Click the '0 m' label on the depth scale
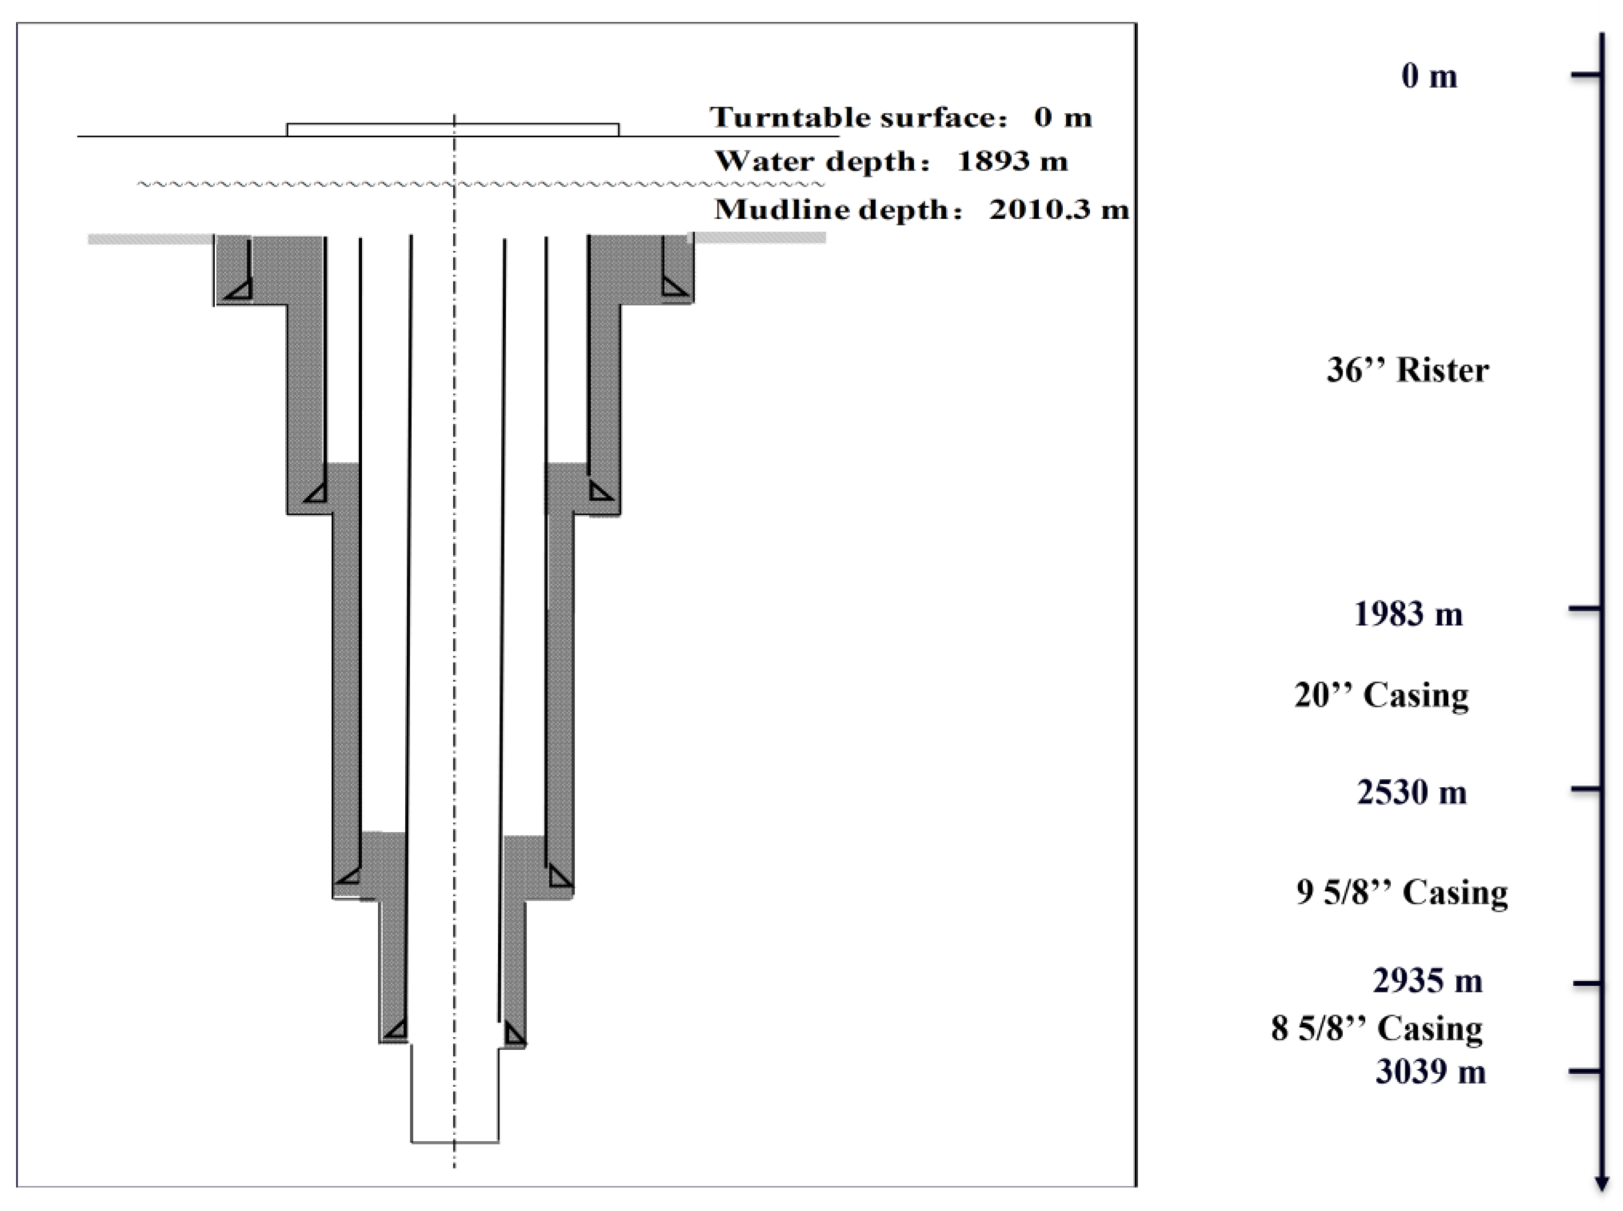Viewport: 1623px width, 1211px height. click(1429, 76)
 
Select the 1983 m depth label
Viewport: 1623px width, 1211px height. click(1408, 614)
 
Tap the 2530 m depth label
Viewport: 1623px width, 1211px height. click(1411, 792)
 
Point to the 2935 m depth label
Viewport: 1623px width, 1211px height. click(1427, 980)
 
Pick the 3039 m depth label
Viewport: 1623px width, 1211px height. click(1430, 1072)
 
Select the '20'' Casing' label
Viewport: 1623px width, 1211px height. click(1381, 695)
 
